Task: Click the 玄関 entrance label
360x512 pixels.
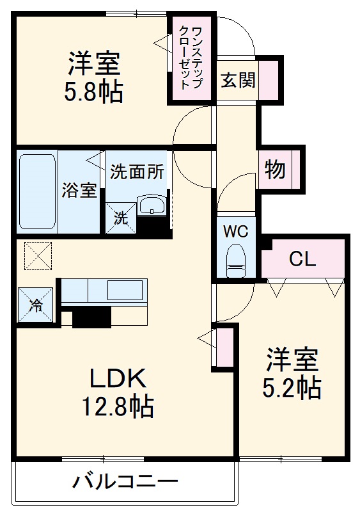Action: click(238, 80)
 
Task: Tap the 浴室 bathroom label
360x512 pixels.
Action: click(79, 190)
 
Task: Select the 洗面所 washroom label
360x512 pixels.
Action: click(137, 172)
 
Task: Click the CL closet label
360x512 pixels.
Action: click(302, 259)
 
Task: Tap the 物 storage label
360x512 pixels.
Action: click(275, 170)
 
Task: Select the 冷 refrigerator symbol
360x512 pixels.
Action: click(36, 307)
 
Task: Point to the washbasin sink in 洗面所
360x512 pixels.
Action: click(152, 205)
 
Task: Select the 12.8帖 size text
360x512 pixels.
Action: click(116, 406)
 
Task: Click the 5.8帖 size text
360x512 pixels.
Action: click(95, 92)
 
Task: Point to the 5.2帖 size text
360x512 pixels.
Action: click(292, 387)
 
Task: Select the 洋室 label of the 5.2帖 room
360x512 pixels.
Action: click(292, 360)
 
